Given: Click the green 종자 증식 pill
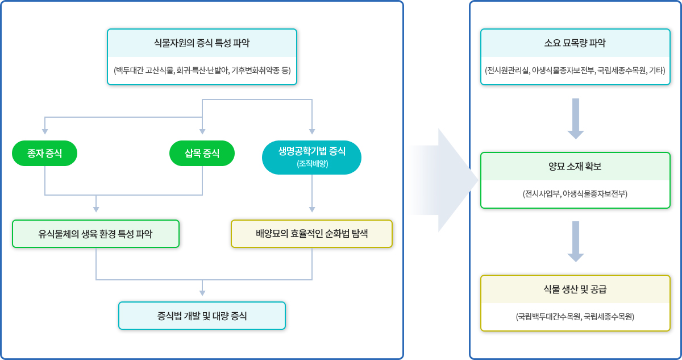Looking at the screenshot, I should click(x=44, y=153).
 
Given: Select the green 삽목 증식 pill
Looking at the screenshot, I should click(x=202, y=153).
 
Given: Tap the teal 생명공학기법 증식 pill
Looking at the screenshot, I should click(x=311, y=157).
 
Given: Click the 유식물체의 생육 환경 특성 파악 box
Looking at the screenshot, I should click(x=95, y=234).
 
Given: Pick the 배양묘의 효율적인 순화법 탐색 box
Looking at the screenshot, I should click(x=311, y=234).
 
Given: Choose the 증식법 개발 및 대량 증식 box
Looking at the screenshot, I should click(x=202, y=316).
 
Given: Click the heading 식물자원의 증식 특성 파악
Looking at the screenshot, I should click(x=202, y=43).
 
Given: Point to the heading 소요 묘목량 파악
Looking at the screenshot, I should click(x=575, y=43).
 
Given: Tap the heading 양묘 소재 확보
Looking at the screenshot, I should click(x=575, y=167).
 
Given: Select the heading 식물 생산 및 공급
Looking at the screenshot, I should click(x=575, y=289).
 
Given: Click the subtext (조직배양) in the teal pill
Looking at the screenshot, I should click(x=312, y=164).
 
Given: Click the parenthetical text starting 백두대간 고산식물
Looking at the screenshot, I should click(x=202, y=71).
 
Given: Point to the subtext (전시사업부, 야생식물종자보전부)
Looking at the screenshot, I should click(x=575, y=194).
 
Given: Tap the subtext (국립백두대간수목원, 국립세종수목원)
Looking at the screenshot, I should click(x=575, y=317).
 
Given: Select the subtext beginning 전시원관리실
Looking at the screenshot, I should click(x=575, y=71).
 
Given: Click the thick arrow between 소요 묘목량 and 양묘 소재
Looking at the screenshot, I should click(x=576, y=118).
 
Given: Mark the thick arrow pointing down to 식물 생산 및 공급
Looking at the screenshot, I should click(x=576, y=241).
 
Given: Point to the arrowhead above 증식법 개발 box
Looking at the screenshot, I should click(x=202, y=293).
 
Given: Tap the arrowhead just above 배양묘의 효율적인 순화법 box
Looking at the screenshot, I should click(x=312, y=209).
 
